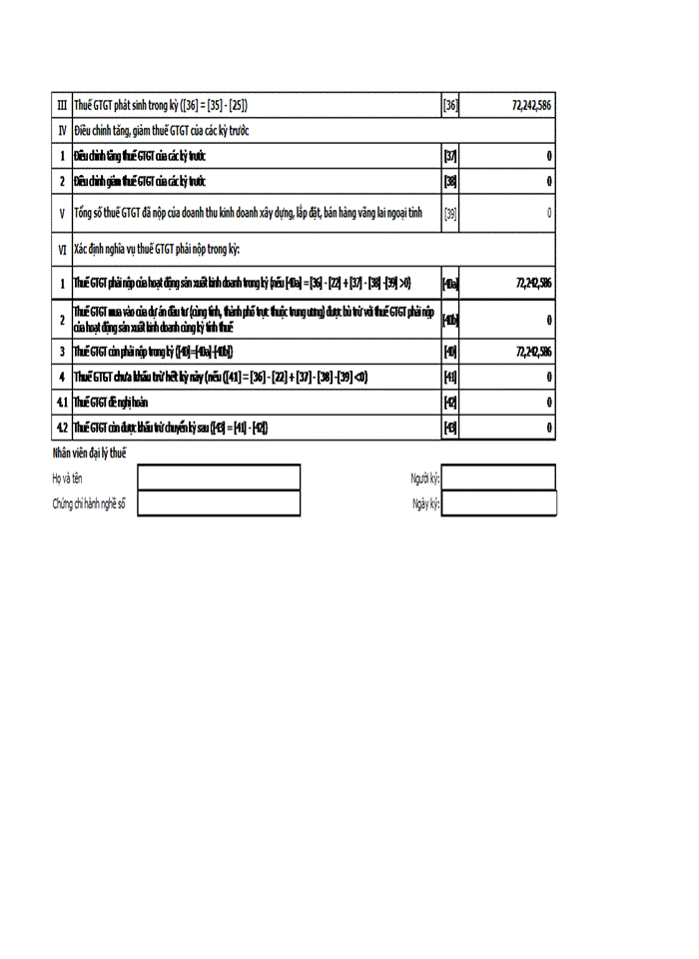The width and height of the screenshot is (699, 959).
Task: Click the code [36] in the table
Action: tap(450, 105)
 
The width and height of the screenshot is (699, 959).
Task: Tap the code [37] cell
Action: tap(450, 156)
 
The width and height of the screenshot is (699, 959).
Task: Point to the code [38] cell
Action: tap(450, 181)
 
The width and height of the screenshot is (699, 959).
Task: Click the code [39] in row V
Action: tap(450, 213)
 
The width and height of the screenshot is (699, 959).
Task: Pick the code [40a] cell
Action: tap(450, 283)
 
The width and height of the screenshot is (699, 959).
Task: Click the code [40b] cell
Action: tap(450, 320)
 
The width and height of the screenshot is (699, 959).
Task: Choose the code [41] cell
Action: tap(450, 377)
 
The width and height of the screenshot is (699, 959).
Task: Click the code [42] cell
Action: tap(450, 402)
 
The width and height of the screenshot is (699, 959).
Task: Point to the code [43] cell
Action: tap(450, 427)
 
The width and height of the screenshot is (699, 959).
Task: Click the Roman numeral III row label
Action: tap(62, 105)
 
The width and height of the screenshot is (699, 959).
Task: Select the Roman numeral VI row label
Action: tap(62, 248)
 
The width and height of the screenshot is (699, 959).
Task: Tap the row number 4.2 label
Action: tap(62, 427)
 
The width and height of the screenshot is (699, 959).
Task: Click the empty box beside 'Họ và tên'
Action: tap(219, 479)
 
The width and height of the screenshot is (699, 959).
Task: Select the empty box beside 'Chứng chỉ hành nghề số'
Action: tap(219, 503)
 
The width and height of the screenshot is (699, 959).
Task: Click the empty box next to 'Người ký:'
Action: tap(498, 479)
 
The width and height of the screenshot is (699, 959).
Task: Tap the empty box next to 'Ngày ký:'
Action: tap(498, 503)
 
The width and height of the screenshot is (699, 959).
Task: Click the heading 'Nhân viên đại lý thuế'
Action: tap(90, 455)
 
